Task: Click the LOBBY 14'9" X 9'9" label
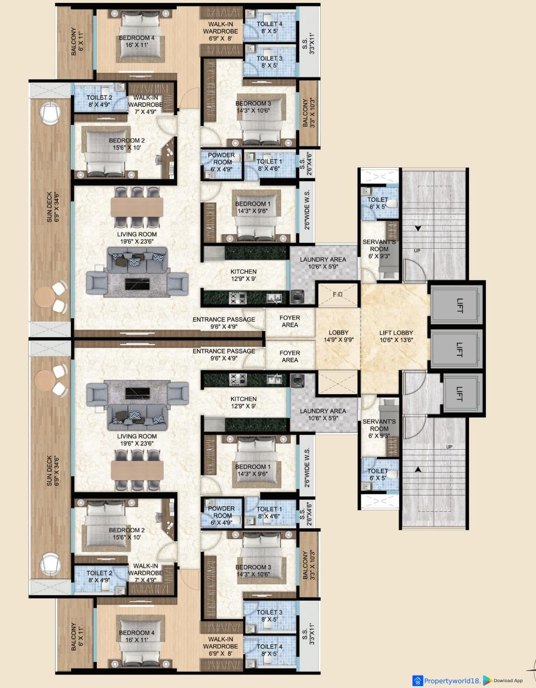click(338, 336)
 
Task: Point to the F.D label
click(337, 294)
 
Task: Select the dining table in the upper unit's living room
click(137, 207)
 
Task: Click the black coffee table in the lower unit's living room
click(137, 393)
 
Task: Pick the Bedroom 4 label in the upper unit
click(136, 42)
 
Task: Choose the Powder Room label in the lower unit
click(221, 515)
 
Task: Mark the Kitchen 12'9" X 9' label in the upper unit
click(243, 275)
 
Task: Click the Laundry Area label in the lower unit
click(323, 414)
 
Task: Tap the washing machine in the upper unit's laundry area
click(297, 297)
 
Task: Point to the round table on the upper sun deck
click(44, 297)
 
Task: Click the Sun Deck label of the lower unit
click(53, 471)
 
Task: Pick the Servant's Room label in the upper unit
click(379, 249)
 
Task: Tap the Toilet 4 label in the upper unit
click(269, 27)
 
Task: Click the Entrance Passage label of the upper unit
click(224, 323)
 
